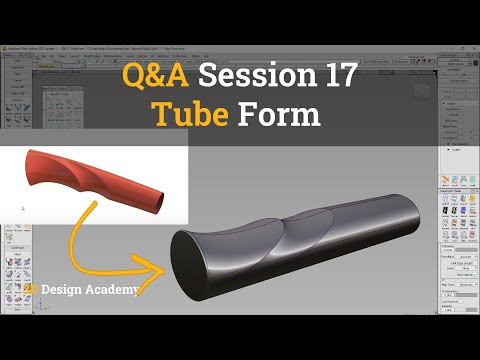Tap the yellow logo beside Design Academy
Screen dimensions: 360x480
tap(32, 290)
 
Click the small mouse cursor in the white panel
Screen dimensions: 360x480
tap(22, 209)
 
